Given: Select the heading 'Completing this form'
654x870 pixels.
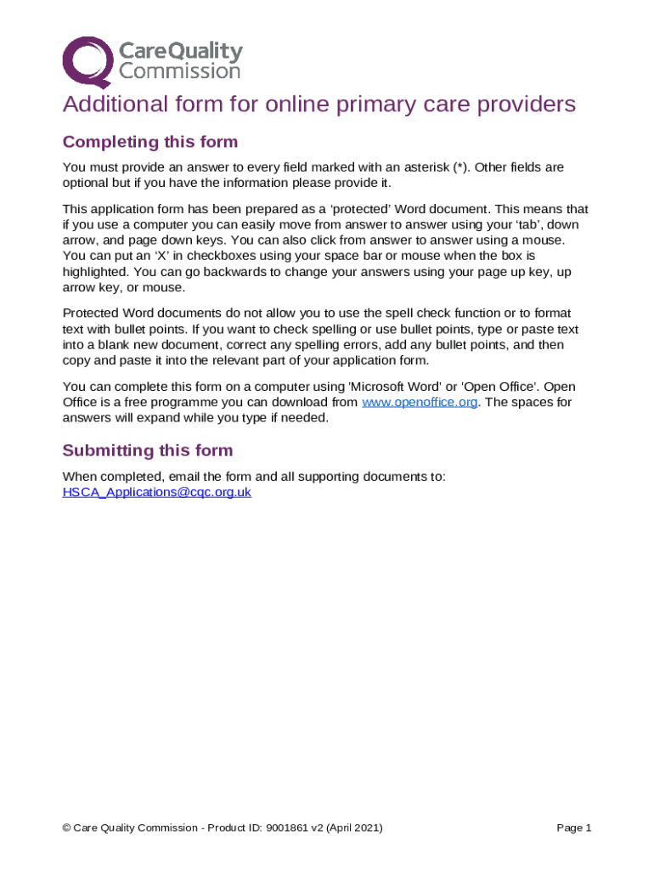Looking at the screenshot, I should (x=150, y=142).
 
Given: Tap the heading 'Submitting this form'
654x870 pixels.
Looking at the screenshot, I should (x=148, y=450).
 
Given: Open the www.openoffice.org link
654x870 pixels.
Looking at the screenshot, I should (x=420, y=402).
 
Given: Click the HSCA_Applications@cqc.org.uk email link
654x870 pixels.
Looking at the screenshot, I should (x=157, y=492).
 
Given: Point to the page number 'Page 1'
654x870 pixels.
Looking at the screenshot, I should (x=573, y=828).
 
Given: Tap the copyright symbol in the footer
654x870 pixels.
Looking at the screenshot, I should (x=67, y=828).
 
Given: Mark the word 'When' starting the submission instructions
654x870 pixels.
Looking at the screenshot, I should (x=80, y=477).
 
